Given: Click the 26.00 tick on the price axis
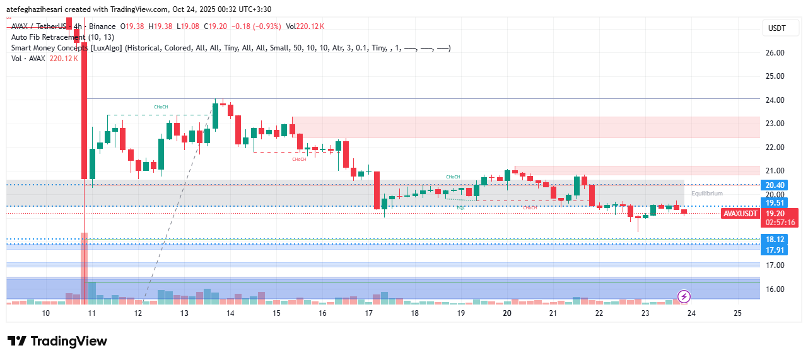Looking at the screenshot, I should pyautogui.click(x=775, y=53).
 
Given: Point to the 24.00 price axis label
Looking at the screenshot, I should pyautogui.click(x=775, y=100).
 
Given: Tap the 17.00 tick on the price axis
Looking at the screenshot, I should pyautogui.click(x=775, y=265).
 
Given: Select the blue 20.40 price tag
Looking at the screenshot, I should pyautogui.click(x=775, y=185).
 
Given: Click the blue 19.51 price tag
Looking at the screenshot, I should pyautogui.click(x=775, y=203).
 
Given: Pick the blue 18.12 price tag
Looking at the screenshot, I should pyautogui.click(x=775, y=240).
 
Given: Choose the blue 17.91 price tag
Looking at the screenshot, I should pyautogui.click(x=775, y=250).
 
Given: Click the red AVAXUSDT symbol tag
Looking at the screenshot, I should pyautogui.click(x=739, y=214).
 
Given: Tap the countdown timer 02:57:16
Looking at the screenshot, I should pyautogui.click(x=780, y=223).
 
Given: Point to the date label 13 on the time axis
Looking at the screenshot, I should pyautogui.click(x=184, y=313).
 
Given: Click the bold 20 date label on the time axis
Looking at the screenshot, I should pyautogui.click(x=507, y=313).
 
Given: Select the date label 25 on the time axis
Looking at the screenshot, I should pyautogui.click(x=737, y=313).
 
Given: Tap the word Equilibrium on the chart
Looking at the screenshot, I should pyautogui.click(x=706, y=194).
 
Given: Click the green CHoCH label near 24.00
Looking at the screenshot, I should pyautogui.click(x=161, y=108).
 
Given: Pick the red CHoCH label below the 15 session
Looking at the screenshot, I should pyautogui.click(x=299, y=160).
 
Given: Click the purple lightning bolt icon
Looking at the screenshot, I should pyautogui.click(x=684, y=296).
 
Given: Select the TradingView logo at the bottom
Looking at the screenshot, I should pyautogui.click(x=57, y=341).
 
